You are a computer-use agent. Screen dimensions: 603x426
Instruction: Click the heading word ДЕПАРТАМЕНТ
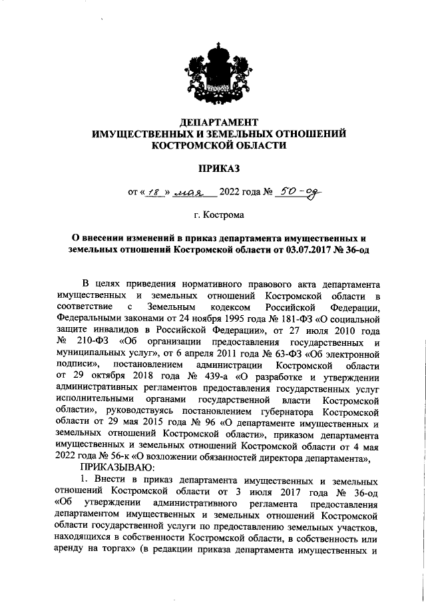219,123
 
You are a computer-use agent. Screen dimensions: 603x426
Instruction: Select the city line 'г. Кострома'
219,216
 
